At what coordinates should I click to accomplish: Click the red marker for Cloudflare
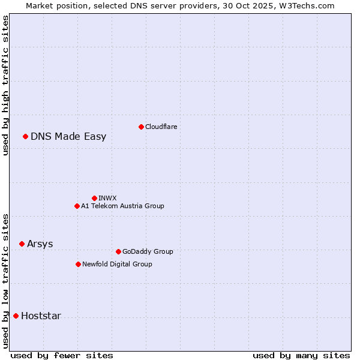point(141,127)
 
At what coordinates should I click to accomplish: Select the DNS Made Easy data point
point(25,136)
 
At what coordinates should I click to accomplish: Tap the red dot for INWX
point(94,198)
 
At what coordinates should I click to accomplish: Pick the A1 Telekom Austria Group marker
point(77,206)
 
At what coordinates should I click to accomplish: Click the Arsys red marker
point(22,244)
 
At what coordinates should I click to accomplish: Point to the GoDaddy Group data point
point(118,251)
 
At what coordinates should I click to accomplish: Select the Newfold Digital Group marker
point(78,264)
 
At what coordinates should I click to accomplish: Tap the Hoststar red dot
point(16,316)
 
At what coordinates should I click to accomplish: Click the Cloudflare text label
point(161,127)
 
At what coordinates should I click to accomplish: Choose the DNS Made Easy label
point(68,136)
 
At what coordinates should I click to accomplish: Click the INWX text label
point(107,198)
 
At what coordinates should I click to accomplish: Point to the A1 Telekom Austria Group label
point(122,206)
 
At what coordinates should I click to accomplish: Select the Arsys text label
point(40,244)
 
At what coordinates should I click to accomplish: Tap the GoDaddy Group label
point(148,251)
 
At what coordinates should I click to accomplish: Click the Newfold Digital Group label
point(117,264)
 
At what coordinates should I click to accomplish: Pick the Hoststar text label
point(41,316)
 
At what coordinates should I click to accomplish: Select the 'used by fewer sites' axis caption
point(62,355)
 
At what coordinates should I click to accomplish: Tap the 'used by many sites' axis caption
point(301,355)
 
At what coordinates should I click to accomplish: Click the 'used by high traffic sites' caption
point(5,85)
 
